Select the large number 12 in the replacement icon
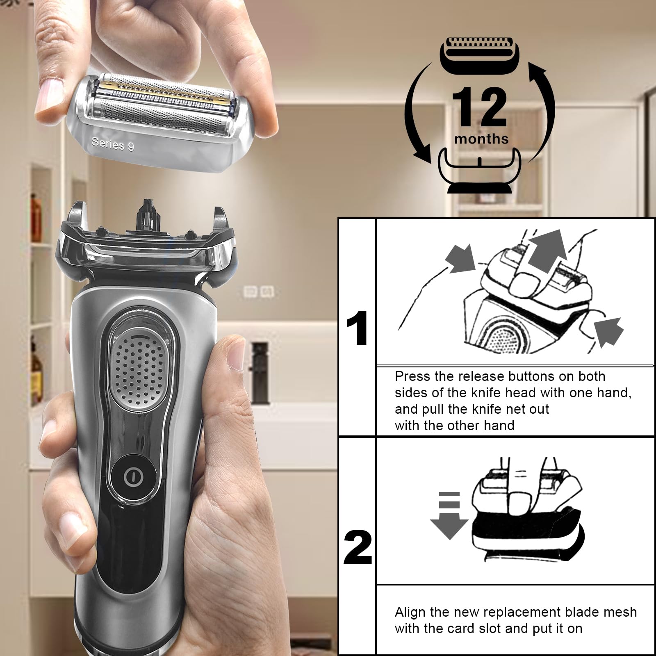[x=479, y=107]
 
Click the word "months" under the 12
[x=481, y=139]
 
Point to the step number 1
[x=357, y=328]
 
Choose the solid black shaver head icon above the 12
[x=479, y=55]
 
